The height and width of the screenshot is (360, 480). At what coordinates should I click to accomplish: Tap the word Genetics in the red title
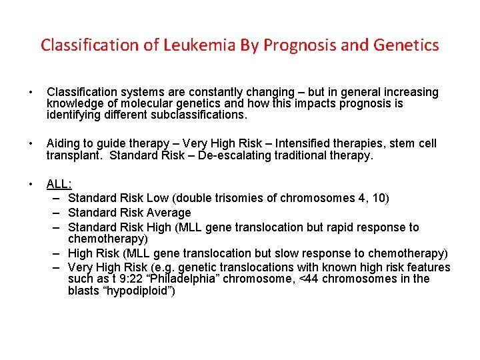(x=405, y=45)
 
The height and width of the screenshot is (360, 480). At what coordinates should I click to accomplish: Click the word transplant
(x=75, y=156)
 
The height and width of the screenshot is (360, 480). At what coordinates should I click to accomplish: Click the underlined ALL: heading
(x=59, y=185)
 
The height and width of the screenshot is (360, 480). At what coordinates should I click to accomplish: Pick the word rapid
(x=335, y=227)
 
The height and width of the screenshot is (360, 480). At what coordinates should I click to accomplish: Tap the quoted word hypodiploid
(x=141, y=291)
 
